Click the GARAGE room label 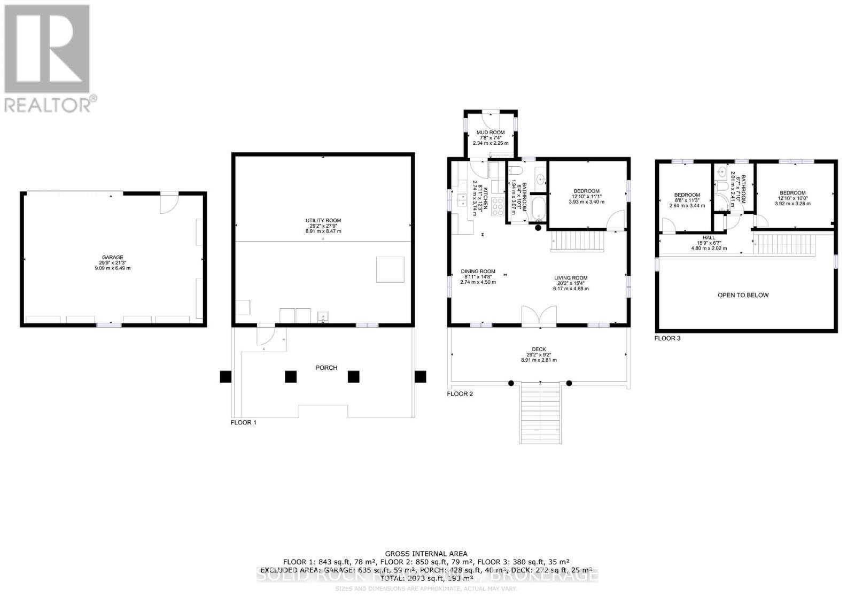coord(112,258)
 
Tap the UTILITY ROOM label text coord(323,221)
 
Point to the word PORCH coord(326,368)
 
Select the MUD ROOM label coord(490,133)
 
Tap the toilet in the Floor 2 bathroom coord(515,171)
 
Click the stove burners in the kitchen coord(498,206)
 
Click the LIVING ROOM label coord(570,278)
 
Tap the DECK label coord(539,350)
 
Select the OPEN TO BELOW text coord(743,295)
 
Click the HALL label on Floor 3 coord(709,238)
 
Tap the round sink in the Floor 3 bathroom coord(722,172)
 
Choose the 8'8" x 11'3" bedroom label coord(687,195)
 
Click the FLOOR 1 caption coord(243,422)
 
